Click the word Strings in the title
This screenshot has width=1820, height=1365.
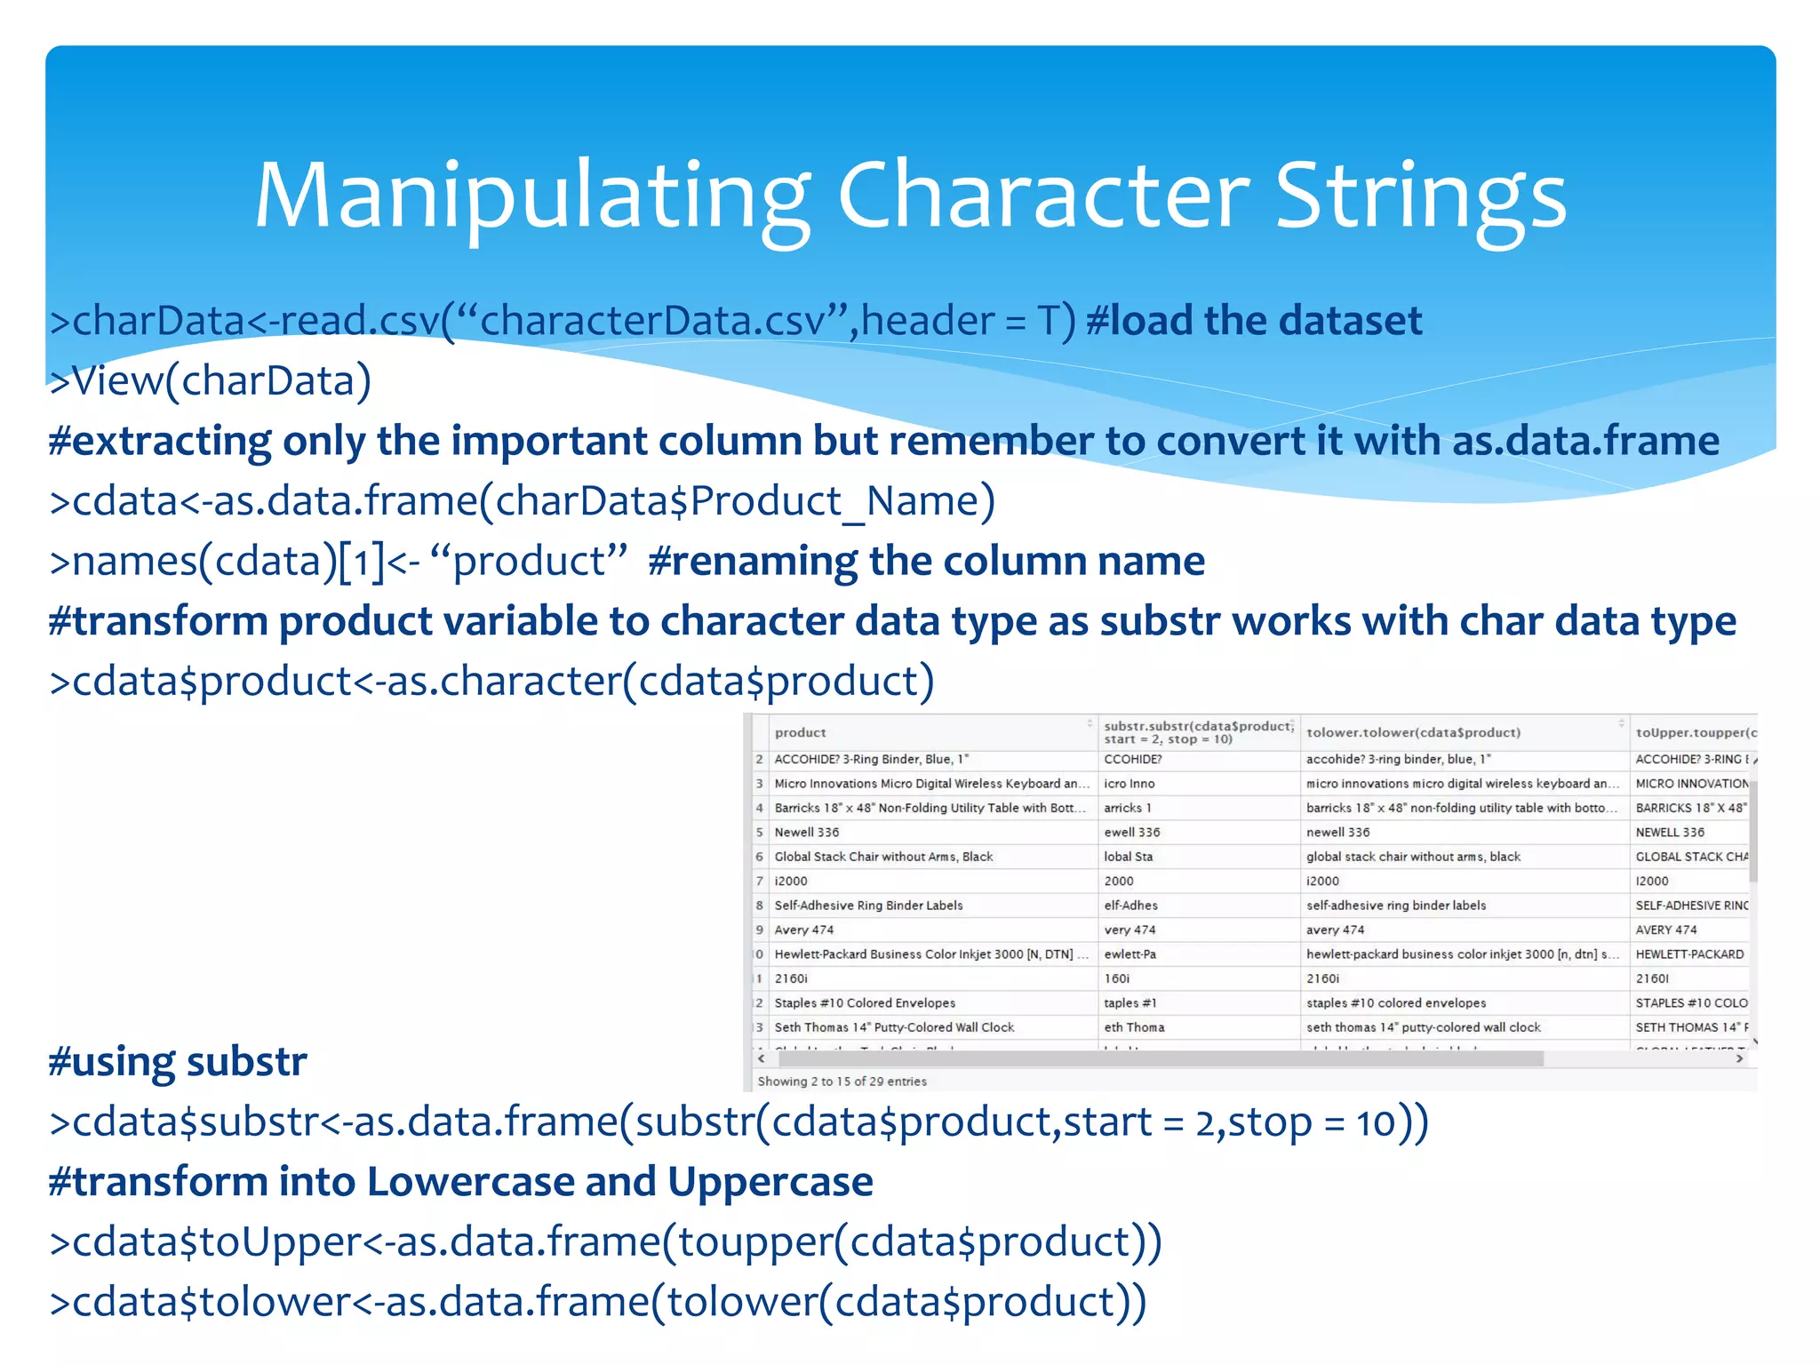[1420, 197]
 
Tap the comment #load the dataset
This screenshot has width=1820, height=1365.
[1253, 320]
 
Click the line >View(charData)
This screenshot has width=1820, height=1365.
[211, 380]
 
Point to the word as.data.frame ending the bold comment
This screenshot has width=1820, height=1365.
[1585, 441]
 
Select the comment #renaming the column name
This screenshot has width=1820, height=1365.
[926, 562]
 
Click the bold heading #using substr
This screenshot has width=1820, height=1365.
[178, 1061]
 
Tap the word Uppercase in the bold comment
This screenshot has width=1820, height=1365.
[770, 1182]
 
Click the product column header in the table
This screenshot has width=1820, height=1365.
[800, 732]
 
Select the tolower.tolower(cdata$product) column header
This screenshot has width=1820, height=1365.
[1413, 732]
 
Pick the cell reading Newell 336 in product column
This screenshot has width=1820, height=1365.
[806, 833]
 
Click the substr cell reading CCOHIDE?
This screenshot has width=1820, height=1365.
[1132, 760]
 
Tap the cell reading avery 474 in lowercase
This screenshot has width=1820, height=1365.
[1335, 930]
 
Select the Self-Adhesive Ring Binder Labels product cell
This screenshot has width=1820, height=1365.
[868, 906]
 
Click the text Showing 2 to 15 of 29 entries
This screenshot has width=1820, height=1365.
[842, 1082]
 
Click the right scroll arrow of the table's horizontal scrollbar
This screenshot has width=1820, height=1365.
[1739, 1058]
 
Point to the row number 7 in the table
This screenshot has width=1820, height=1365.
[760, 882]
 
